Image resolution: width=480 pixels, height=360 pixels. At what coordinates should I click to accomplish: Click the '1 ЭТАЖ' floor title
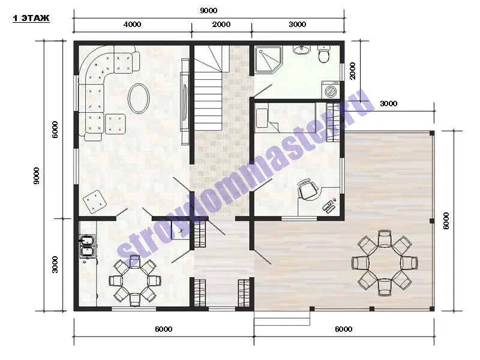pyautogui.click(x=31, y=19)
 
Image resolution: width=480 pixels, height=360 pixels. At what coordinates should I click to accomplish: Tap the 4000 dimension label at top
pyautogui.click(x=132, y=24)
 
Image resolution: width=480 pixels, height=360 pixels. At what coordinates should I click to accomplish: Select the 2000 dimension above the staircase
pyautogui.click(x=221, y=24)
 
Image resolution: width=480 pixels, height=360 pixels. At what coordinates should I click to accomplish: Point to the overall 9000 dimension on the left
pyautogui.click(x=36, y=176)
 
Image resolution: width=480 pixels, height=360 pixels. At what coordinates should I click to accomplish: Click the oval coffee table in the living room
pyautogui.click(x=139, y=98)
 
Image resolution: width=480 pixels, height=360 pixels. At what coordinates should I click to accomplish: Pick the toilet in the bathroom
pyautogui.click(x=323, y=54)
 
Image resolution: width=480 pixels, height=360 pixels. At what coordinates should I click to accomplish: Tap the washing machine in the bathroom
pyautogui.click(x=331, y=89)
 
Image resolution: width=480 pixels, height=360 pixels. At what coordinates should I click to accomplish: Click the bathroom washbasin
pyautogui.click(x=302, y=50)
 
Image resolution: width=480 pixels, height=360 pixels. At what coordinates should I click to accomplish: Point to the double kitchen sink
pyautogui.click(x=87, y=245)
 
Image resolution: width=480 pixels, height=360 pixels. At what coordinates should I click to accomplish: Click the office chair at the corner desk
pyautogui.click(x=308, y=189)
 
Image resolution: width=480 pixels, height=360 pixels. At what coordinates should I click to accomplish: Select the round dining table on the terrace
pyautogui.click(x=385, y=263)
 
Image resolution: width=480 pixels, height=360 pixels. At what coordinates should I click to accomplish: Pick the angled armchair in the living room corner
pyautogui.click(x=95, y=201)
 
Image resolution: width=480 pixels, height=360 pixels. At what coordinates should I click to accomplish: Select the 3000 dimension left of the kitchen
pyautogui.click(x=55, y=265)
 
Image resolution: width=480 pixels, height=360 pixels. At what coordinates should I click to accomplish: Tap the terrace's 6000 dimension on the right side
pyautogui.click(x=446, y=221)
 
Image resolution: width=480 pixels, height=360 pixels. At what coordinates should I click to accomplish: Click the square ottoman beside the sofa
pyautogui.click(x=115, y=124)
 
